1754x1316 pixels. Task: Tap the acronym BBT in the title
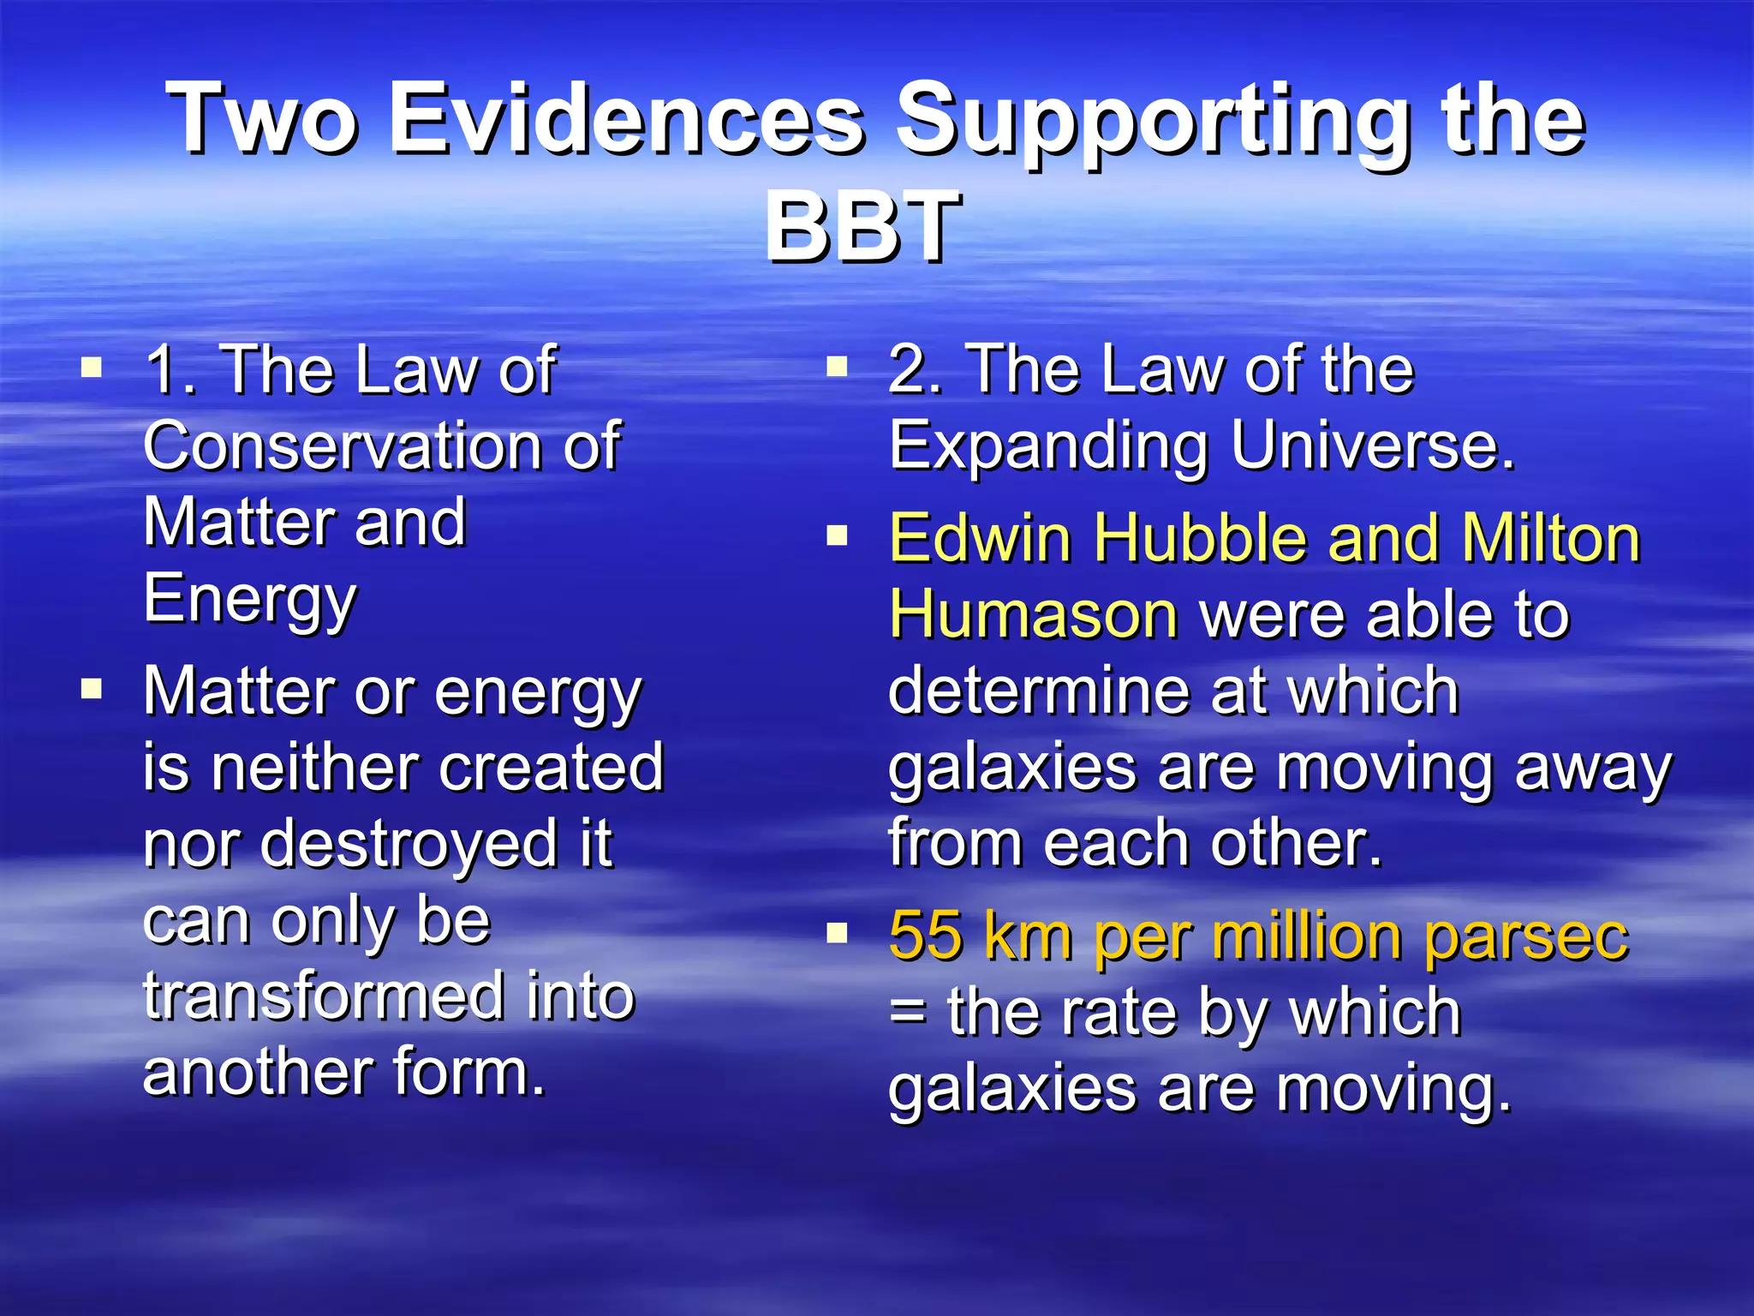[862, 227]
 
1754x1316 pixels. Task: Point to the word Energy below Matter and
[249, 600]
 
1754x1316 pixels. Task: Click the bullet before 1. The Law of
[92, 368]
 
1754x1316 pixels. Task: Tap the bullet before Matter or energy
[92, 689]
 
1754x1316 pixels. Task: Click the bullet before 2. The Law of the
[837, 368]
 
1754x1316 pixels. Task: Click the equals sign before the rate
[907, 1012]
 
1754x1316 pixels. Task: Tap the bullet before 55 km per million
[837, 932]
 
